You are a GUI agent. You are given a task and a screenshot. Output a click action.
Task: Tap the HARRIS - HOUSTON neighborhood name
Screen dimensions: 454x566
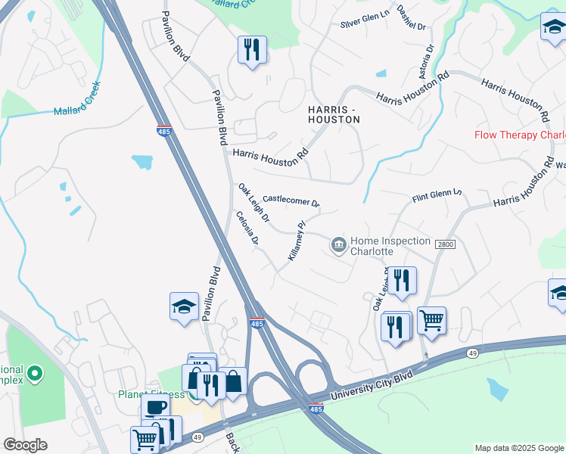tap(334, 114)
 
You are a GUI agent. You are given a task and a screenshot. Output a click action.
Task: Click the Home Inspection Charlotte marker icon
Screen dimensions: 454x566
tap(338, 244)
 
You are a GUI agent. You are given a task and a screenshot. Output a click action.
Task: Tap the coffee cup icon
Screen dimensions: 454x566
tap(157, 407)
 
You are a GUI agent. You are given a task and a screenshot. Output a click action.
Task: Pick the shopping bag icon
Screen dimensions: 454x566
tap(233, 381)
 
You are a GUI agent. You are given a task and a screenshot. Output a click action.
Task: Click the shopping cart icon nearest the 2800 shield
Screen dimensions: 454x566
tap(431, 319)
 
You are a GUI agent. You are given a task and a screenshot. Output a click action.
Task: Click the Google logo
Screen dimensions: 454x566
tap(25, 445)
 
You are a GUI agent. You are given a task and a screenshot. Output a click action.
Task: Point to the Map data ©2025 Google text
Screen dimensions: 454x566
tap(519, 448)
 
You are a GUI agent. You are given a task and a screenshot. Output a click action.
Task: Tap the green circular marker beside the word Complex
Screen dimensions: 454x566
tap(35, 374)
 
